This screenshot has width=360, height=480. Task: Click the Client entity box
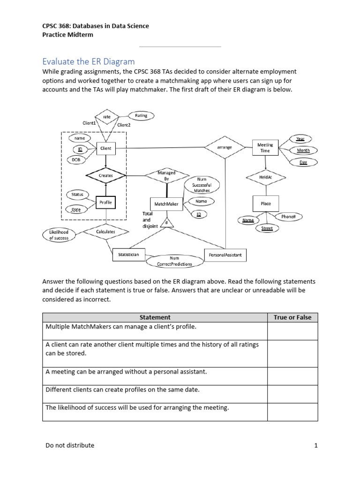pos(105,149)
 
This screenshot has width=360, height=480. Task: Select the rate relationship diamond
pos(106,117)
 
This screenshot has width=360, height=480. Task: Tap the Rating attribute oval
pos(141,115)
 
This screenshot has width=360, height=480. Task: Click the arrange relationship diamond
pos(225,147)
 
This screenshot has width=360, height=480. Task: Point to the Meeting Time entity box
pos(265,148)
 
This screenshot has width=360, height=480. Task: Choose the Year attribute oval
pos(300,139)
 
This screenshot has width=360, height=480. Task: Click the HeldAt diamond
pos(266,177)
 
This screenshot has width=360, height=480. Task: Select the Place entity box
pos(266,203)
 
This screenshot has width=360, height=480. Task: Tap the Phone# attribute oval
pos(292,217)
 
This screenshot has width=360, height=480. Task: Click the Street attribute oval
pos(266,228)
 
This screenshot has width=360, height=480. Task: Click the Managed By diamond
pos(166,176)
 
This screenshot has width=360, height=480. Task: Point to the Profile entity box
pos(105,202)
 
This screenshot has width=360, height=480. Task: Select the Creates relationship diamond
pos(106,176)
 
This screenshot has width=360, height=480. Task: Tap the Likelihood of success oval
pos(59,235)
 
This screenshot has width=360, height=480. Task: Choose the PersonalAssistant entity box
pos(225,255)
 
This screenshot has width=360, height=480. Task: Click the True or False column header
pos(292,317)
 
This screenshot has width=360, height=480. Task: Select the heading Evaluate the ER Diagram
pos(88,61)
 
